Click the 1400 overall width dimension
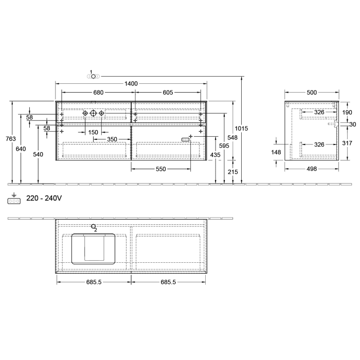tap(131, 83)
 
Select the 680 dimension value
tap(98, 93)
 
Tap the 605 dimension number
tap(167, 93)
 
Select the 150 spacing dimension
tap(93, 132)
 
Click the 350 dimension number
tap(112, 139)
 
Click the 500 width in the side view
tap(312, 93)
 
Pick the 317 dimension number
tap(347, 144)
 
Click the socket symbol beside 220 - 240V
tap(14, 201)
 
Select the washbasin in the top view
tap(94, 248)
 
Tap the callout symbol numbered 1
tap(93, 76)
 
